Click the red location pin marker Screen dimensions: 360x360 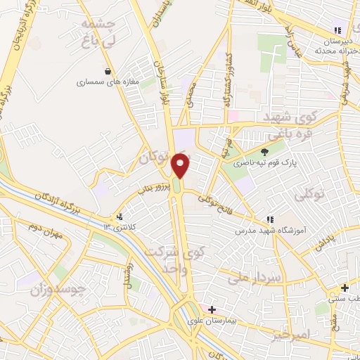click(181, 167)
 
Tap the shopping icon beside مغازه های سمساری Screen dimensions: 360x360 click(107, 71)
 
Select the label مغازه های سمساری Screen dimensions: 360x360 click(103, 82)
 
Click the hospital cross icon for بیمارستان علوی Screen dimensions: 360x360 click(212, 309)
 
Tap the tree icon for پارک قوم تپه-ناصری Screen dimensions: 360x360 click(264, 152)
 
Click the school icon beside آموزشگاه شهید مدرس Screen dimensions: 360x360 click(271, 220)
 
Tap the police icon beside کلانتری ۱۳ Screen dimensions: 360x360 click(120, 217)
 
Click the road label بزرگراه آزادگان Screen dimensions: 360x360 click(70, 196)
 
